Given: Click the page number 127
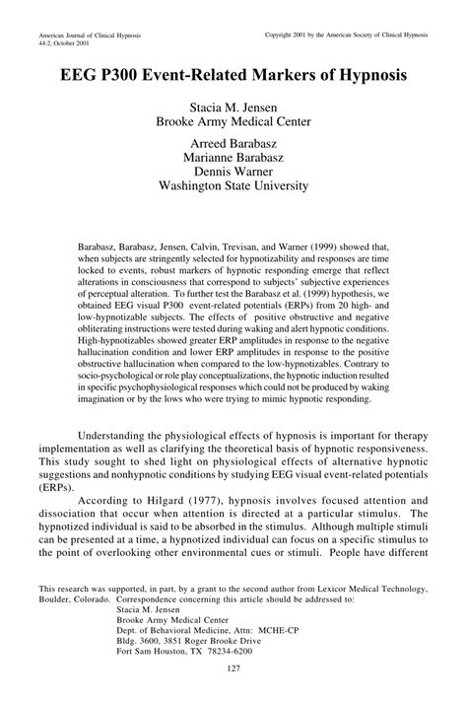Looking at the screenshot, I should [x=233, y=670].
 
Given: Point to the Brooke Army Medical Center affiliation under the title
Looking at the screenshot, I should [x=233, y=122].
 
